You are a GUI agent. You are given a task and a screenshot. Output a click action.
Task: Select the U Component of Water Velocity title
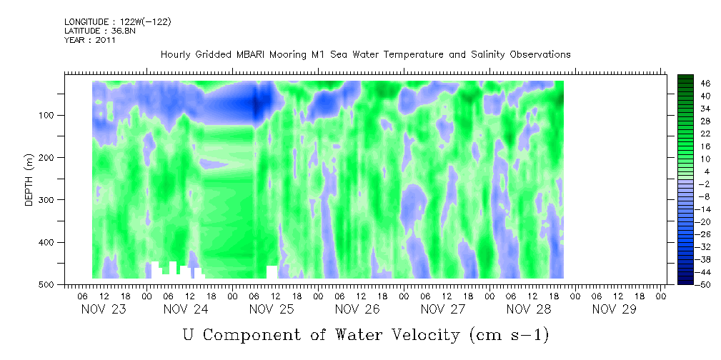(x=365, y=335)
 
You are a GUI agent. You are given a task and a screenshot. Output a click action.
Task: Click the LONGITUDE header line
(x=117, y=22)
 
